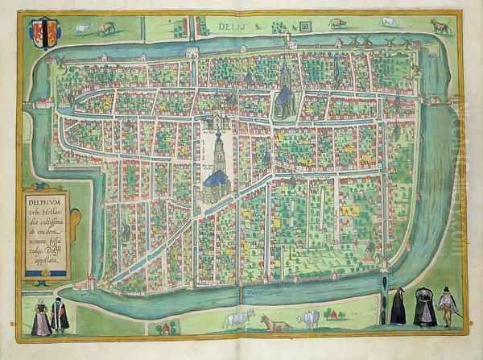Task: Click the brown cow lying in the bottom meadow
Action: (x=274, y=323)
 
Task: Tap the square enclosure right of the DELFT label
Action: (x=305, y=26)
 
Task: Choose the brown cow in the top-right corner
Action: (x=439, y=26)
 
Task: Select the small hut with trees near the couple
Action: (x=167, y=326)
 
